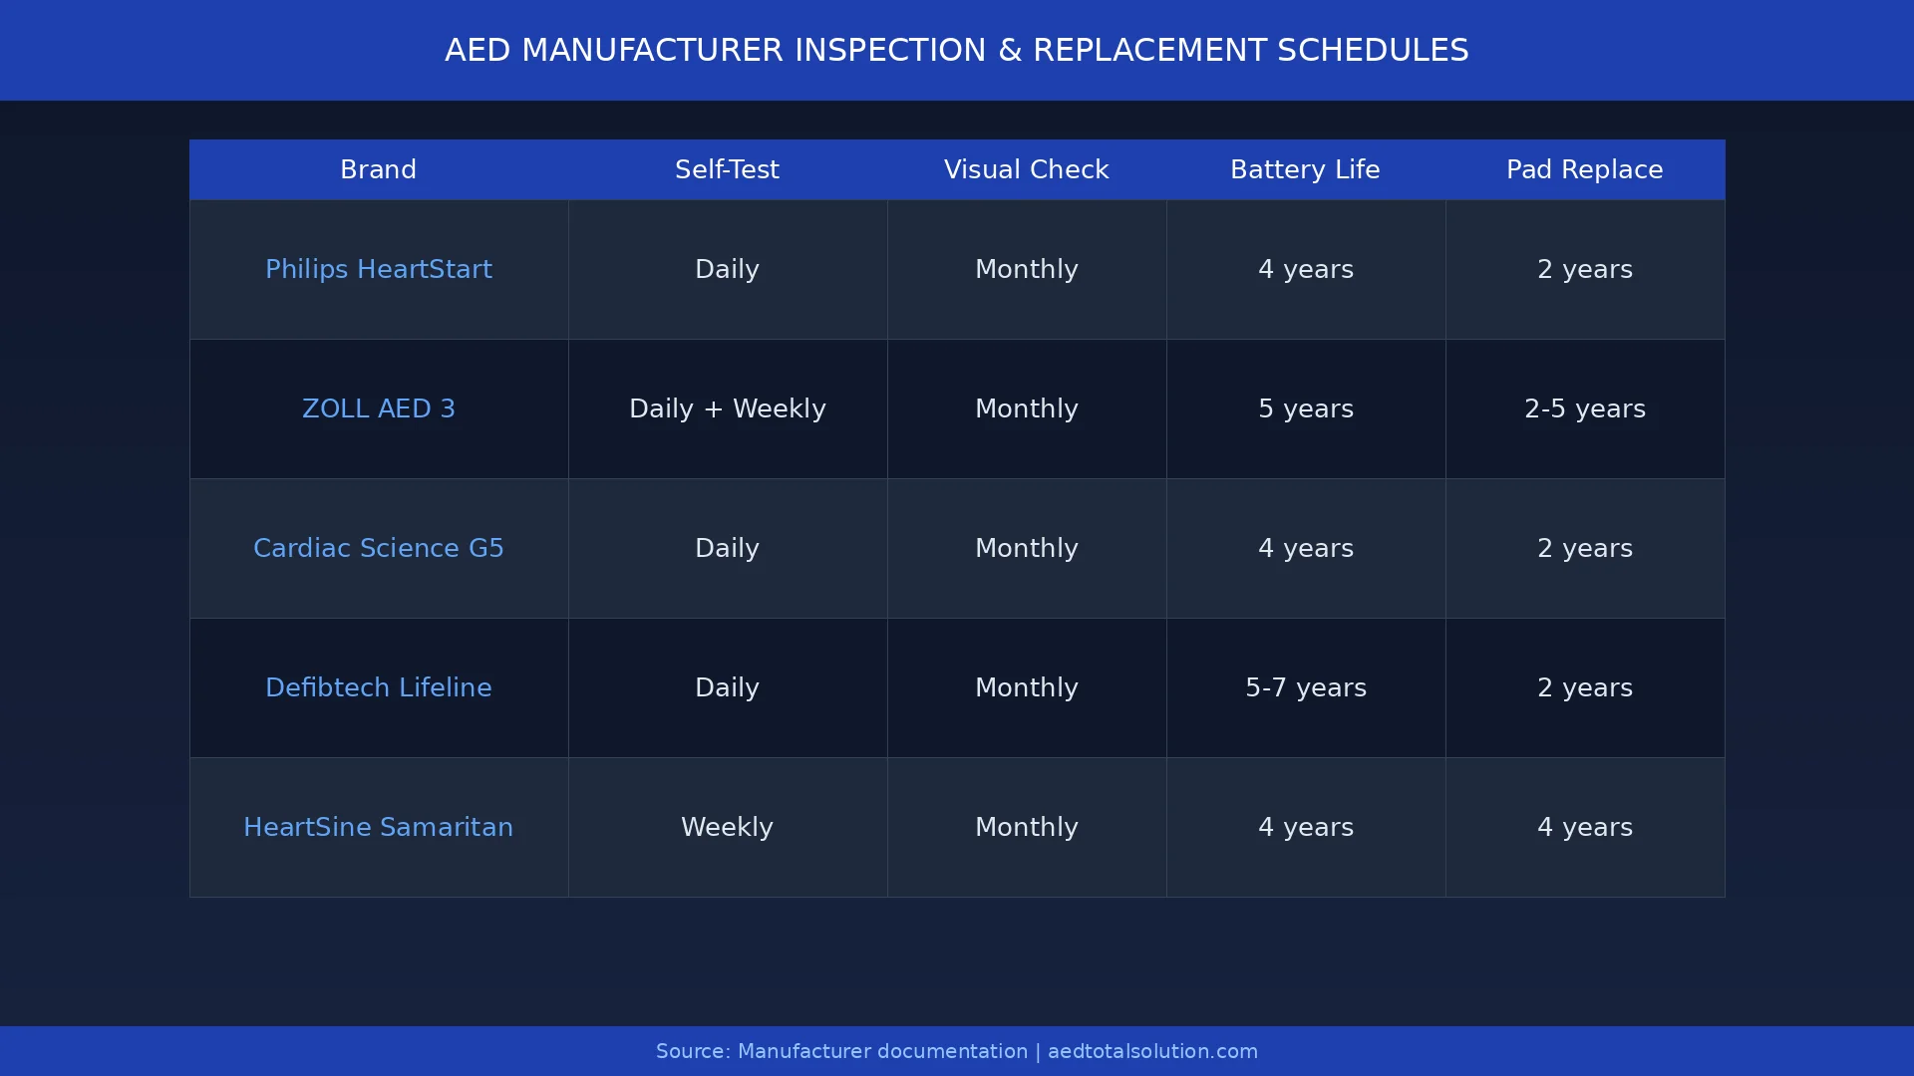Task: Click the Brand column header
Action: (378, 169)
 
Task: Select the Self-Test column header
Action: (727, 169)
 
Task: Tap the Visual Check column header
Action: (1026, 169)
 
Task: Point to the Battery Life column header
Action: (1305, 169)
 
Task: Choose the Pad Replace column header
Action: (1584, 169)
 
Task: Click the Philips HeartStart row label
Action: (378, 269)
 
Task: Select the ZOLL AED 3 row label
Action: (378, 408)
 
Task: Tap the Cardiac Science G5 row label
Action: (378, 548)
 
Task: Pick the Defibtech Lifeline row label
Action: (378, 687)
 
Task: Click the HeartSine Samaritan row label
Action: (378, 827)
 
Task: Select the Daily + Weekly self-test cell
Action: (727, 408)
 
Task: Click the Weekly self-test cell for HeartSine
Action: (727, 827)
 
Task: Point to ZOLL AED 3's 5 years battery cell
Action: (1305, 408)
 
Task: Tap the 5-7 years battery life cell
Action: (1305, 687)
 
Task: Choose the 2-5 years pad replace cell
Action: (1584, 408)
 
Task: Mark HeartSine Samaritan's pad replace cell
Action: (1584, 827)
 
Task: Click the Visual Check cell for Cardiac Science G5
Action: (1026, 548)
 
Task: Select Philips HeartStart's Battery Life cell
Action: (1305, 269)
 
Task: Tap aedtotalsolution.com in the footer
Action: (1152, 1051)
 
